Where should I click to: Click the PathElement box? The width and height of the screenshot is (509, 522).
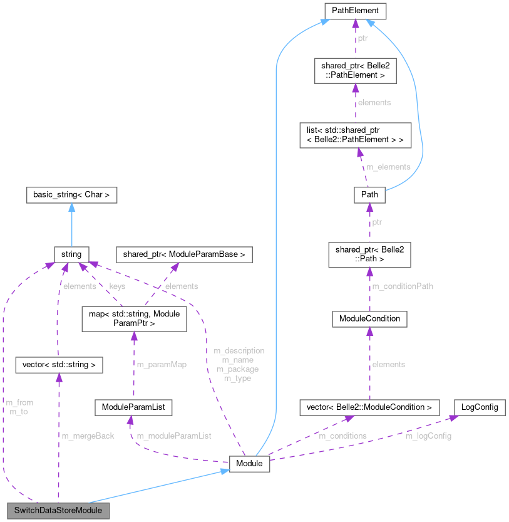pyautogui.click(x=355, y=11)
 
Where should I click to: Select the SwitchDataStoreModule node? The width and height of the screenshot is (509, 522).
pyautogui.click(x=58, y=511)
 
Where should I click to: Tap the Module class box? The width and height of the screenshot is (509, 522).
pyautogui.click(x=250, y=464)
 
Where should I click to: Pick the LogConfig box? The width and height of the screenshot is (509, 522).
pyautogui.click(x=479, y=407)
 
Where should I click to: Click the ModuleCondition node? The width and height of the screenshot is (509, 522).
pyautogui.click(x=369, y=319)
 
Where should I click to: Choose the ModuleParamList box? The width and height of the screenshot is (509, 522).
pyautogui.click(x=133, y=407)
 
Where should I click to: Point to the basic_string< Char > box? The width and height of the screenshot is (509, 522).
pyautogui.click(x=72, y=195)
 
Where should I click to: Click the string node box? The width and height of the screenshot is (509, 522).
pyautogui.click(x=71, y=254)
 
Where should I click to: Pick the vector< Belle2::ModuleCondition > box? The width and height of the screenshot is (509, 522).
pyautogui.click(x=369, y=407)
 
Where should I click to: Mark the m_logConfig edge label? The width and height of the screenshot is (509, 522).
pyautogui.click(x=428, y=436)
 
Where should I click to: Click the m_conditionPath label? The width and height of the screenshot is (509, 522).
pyautogui.click(x=403, y=286)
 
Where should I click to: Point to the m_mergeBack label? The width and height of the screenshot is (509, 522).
pyautogui.click(x=88, y=436)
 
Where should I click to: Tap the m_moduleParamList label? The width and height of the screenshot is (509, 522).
pyautogui.click(x=174, y=436)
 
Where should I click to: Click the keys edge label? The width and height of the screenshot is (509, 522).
pyautogui.click(x=117, y=286)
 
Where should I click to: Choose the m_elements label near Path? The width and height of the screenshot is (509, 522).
pyautogui.click(x=388, y=167)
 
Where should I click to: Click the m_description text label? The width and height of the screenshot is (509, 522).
pyautogui.click(x=239, y=351)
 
